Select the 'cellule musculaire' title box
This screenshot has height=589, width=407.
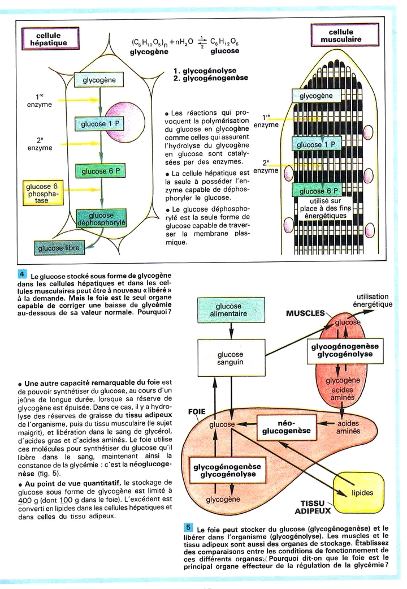pos(345,36)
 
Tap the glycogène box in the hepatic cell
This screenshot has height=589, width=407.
pos(99,80)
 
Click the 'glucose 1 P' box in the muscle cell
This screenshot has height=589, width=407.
pos(317,144)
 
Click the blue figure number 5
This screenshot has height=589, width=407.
pos(189,528)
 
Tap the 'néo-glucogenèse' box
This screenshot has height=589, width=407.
pos(286,427)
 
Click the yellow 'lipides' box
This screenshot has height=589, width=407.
pos(362,492)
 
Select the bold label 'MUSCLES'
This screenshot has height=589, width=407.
pos(305,313)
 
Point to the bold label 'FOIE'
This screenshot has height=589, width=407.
pos(196,412)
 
